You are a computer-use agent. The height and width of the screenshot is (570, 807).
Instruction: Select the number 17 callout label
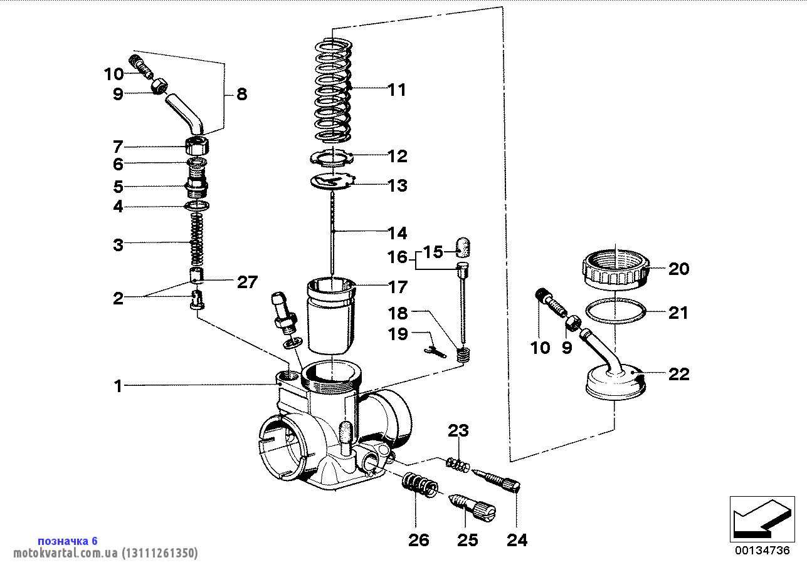398,288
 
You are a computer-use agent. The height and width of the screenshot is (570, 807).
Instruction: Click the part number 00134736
761,551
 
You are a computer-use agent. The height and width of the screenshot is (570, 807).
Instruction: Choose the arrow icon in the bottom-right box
758,519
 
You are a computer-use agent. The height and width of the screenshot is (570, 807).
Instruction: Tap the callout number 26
418,540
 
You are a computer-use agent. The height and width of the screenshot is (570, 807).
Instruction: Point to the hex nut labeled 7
197,148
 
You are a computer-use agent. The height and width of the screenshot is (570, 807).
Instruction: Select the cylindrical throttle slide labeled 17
330,313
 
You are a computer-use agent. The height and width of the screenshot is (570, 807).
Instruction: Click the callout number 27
246,282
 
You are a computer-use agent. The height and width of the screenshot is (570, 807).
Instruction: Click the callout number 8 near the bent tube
241,95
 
